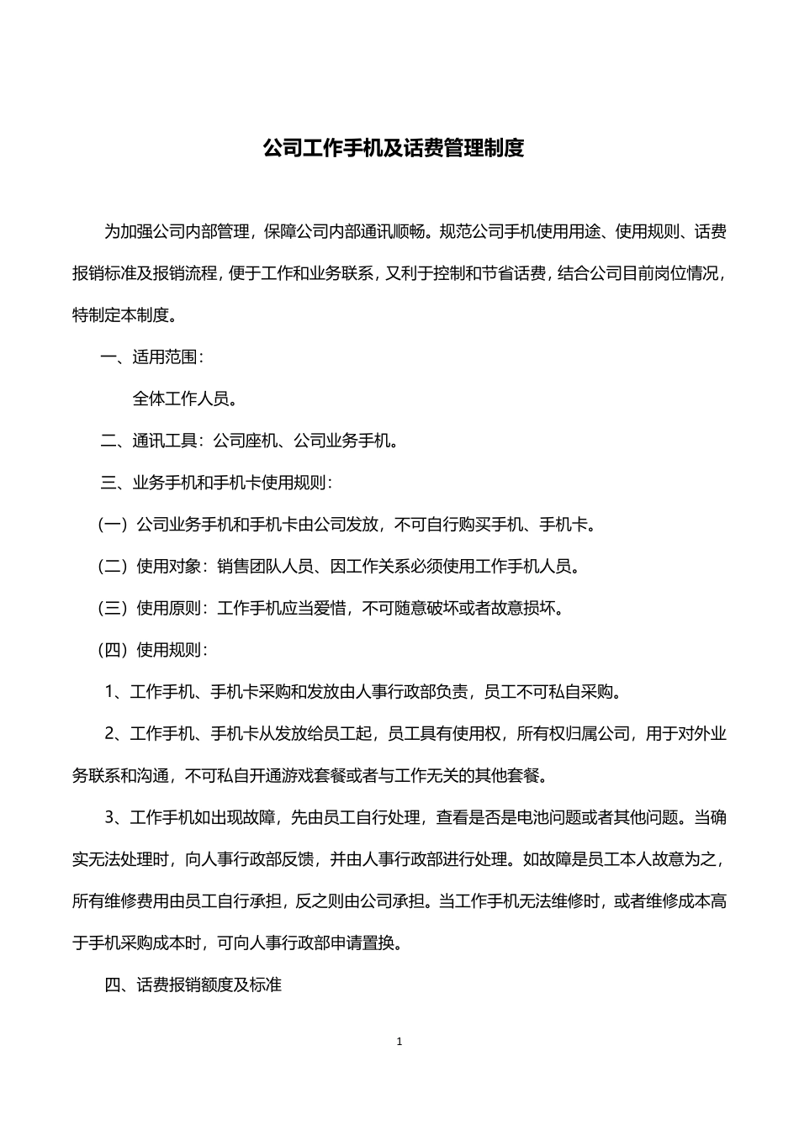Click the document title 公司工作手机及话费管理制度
[394, 149]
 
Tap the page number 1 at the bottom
[399, 1042]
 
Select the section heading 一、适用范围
[151, 356]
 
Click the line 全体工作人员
[184, 399]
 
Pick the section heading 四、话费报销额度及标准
[193, 985]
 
